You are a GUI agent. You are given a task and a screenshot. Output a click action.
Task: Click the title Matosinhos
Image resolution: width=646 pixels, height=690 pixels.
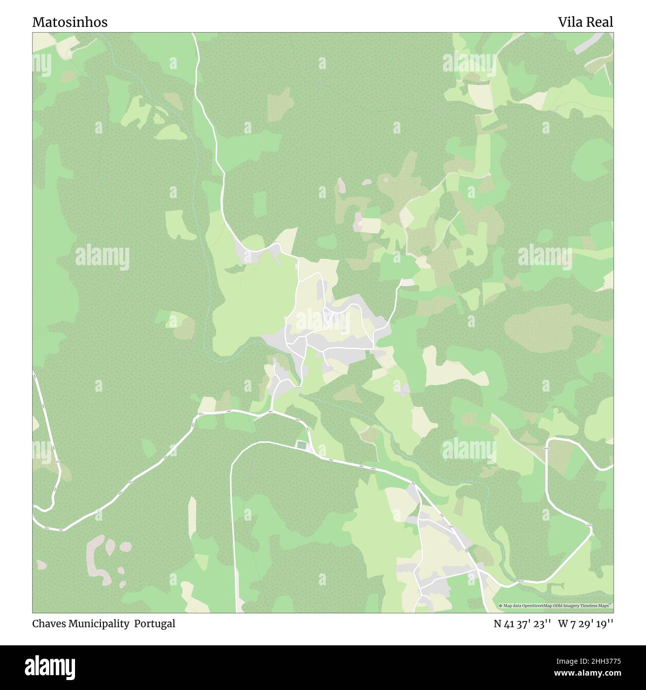[70, 22]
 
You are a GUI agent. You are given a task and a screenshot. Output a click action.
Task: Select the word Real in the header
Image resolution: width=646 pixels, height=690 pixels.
[600, 22]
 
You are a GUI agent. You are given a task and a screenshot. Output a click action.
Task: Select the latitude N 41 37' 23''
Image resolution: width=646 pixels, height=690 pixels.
[521, 623]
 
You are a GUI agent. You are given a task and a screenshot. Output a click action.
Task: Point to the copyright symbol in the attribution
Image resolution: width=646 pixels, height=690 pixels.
[501, 606]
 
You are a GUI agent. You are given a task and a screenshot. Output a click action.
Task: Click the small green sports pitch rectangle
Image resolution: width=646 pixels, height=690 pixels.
[302, 445]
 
